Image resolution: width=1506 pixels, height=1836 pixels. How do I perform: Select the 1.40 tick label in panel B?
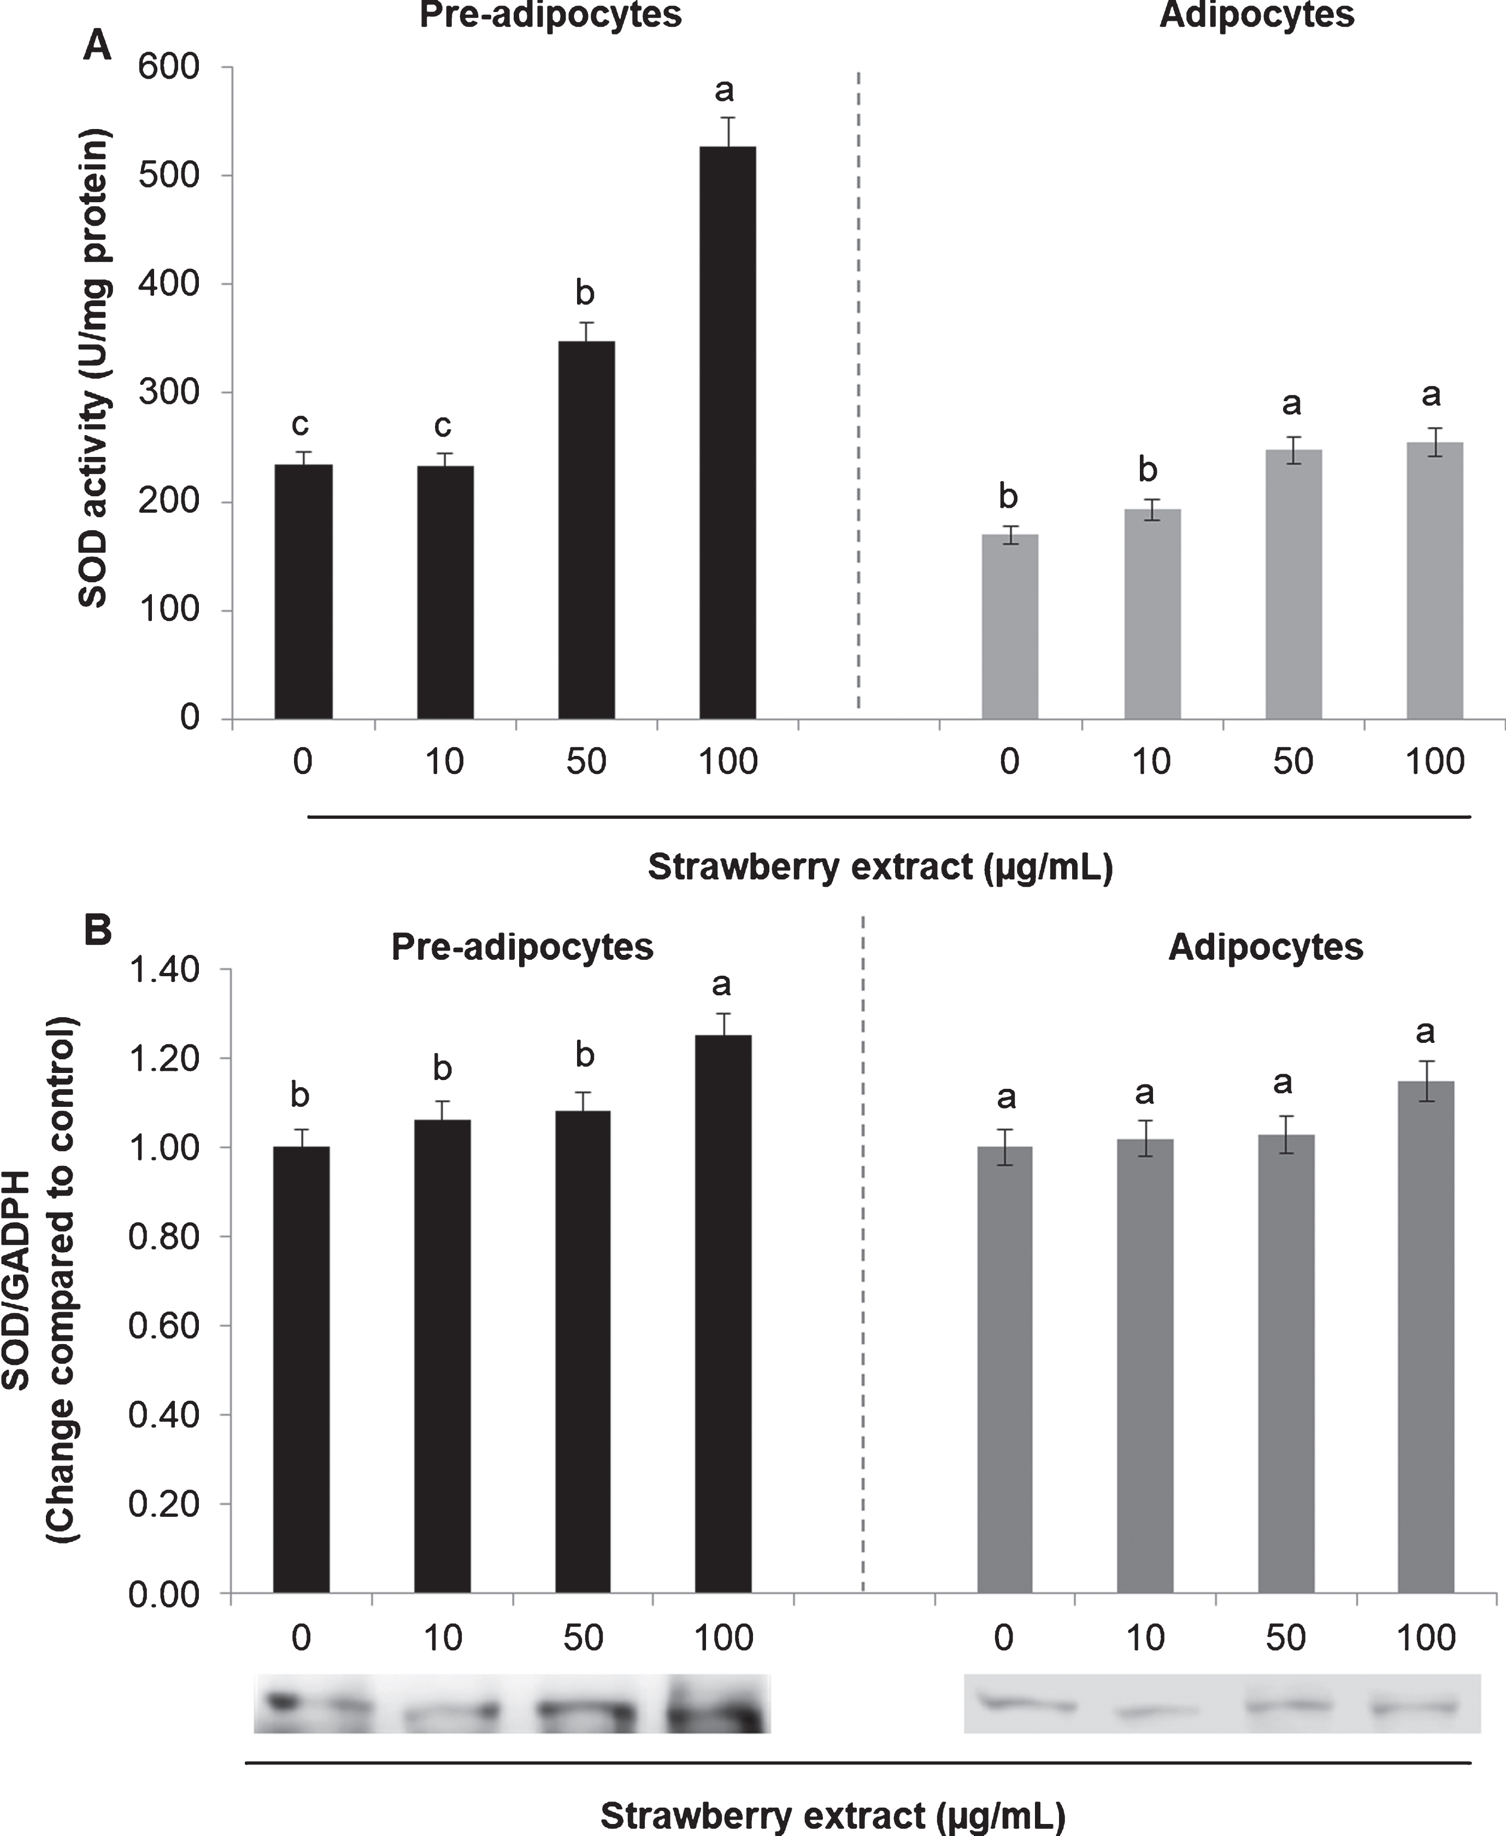164,970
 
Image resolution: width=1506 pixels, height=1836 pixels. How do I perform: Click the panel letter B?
97,930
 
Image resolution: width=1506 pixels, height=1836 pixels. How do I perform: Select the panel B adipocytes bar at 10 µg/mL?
1145,1366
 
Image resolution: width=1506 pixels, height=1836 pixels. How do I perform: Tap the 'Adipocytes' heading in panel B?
1266,947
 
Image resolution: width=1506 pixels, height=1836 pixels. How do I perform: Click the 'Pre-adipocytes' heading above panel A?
551,16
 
